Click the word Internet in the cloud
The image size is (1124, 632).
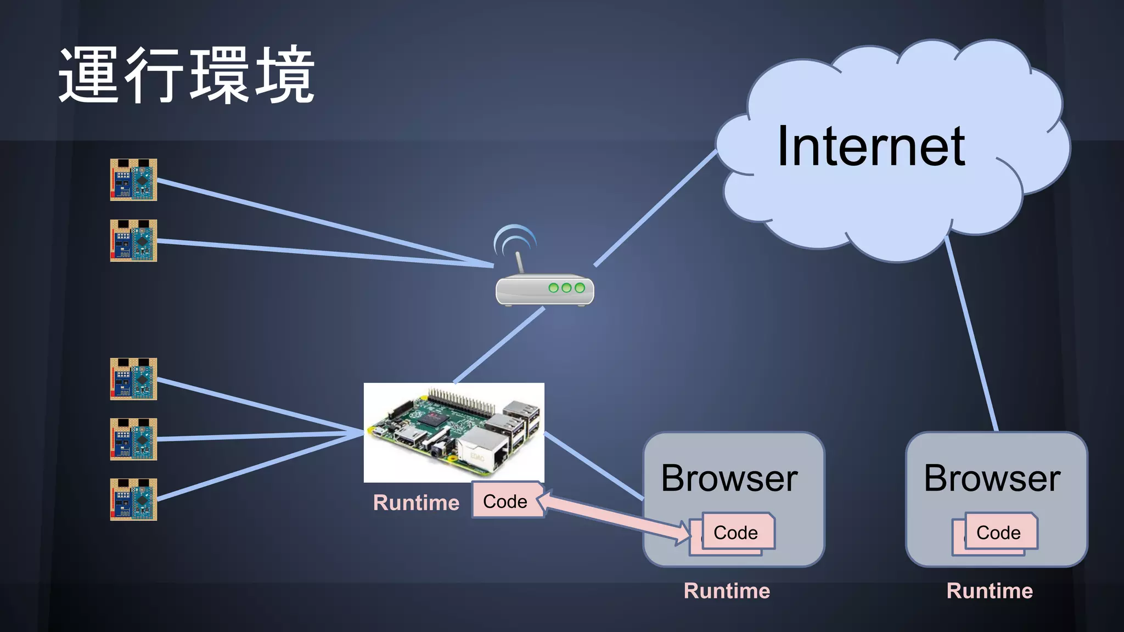(x=871, y=146)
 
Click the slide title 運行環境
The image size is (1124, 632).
(x=187, y=75)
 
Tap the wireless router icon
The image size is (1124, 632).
(x=544, y=289)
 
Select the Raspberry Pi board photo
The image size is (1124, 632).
(x=454, y=432)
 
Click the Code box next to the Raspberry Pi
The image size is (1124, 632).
(x=504, y=501)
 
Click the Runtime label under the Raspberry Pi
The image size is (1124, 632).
(x=416, y=503)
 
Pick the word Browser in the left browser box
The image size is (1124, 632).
(x=729, y=478)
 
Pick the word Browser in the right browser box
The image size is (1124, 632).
(x=992, y=478)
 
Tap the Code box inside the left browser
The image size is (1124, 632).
(x=737, y=532)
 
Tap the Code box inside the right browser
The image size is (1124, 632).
(x=999, y=532)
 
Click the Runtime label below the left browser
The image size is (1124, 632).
(x=727, y=591)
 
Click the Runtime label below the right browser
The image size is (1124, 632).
(x=990, y=591)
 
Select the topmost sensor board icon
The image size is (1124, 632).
(x=133, y=180)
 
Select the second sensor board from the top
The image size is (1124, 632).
(x=133, y=241)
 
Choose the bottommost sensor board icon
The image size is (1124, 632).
(x=133, y=499)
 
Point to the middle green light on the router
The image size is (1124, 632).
(x=566, y=287)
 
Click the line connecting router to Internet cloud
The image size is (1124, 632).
(x=656, y=208)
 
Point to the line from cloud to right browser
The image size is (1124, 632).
(x=971, y=335)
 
